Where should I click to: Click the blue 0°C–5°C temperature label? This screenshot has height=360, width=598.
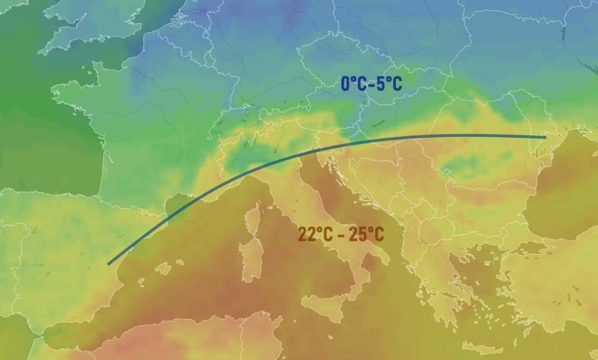[x=371, y=84]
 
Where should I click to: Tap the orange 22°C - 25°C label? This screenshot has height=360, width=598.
[x=341, y=235]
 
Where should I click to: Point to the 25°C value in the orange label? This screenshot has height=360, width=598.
[x=366, y=235]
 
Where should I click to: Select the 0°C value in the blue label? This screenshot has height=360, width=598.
[x=353, y=84]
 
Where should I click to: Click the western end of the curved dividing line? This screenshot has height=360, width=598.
[x=109, y=264]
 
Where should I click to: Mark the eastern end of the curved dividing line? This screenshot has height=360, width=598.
[x=545, y=137]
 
